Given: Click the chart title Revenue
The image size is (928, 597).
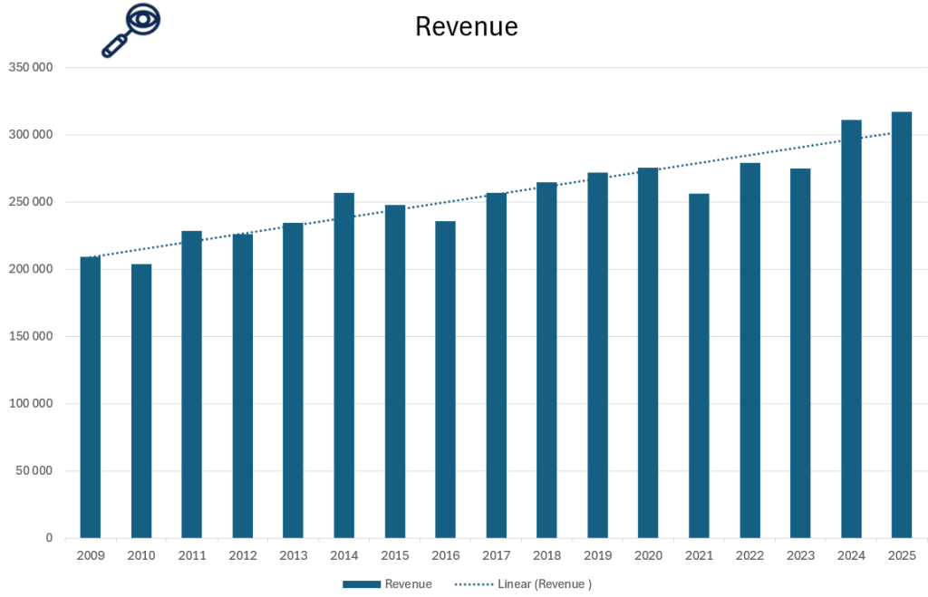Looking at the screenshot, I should (x=466, y=26).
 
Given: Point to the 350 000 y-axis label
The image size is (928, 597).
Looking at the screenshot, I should (x=30, y=68).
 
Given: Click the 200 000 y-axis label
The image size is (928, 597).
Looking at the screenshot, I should (x=30, y=269).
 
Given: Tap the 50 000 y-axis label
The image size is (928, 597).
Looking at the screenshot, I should (x=33, y=471).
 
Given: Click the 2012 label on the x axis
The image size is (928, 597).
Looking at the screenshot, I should (x=243, y=554).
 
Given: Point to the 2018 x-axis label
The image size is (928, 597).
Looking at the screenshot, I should (x=546, y=554).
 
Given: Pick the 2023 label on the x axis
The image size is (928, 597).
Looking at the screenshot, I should (x=800, y=554).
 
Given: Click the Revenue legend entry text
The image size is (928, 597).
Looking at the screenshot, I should (x=408, y=584).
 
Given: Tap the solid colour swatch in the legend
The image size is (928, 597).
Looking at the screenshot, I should (x=361, y=584).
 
